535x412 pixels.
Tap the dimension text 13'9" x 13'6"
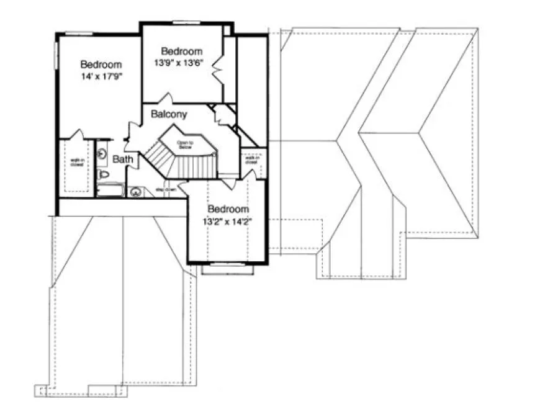tap(182, 63)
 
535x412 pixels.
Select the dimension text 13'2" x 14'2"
tap(228, 221)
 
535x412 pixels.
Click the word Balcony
tap(169, 115)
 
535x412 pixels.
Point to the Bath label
tap(122, 159)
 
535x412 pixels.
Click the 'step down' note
tap(166, 189)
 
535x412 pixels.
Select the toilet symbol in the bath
tap(104, 176)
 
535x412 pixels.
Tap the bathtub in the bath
tap(110, 189)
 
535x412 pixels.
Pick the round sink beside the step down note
tap(135, 192)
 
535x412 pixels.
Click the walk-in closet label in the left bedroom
tap(77, 165)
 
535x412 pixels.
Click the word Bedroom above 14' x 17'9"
tap(101, 65)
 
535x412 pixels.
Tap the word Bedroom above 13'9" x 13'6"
tap(182, 51)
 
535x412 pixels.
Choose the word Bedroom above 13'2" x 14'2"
tap(228, 209)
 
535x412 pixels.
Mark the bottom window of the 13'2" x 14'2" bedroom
tap(228, 265)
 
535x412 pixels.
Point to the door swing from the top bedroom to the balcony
tap(164, 99)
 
